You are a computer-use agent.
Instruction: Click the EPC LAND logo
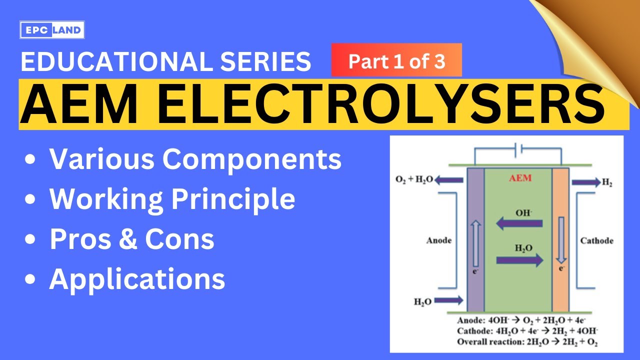52,30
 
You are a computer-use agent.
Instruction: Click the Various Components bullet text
195,159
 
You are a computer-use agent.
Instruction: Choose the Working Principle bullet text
172,199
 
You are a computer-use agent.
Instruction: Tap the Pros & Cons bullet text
132,239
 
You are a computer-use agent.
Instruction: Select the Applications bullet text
137,279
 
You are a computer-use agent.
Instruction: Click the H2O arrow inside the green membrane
519,259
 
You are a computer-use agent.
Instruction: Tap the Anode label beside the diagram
438,240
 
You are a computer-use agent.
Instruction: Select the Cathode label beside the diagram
596,240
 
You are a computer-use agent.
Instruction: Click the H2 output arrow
585,182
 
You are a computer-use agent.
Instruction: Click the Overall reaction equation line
527,342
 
